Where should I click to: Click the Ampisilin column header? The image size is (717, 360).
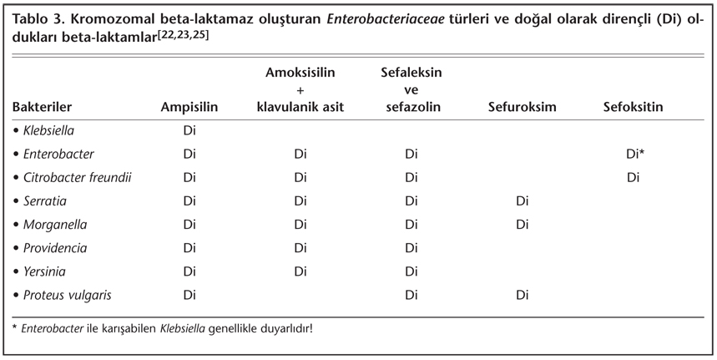(x=189, y=107)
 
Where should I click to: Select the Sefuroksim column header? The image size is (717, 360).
(x=523, y=107)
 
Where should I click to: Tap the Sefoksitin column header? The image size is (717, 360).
(x=633, y=107)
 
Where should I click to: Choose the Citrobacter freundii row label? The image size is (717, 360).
(x=73, y=178)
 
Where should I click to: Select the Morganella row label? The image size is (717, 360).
(x=56, y=225)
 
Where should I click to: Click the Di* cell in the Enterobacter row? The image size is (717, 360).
(x=634, y=155)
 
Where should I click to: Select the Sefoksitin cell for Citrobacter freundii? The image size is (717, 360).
(x=633, y=178)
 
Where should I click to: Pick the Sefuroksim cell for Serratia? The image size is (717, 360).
(x=523, y=201)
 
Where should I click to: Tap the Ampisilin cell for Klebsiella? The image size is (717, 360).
(x=189, y=131)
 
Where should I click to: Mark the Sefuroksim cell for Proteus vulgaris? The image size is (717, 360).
(x=523, y=295)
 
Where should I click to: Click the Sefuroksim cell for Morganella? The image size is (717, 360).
(x=523, y=225)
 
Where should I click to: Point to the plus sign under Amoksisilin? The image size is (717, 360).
(x=300, y=90)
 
